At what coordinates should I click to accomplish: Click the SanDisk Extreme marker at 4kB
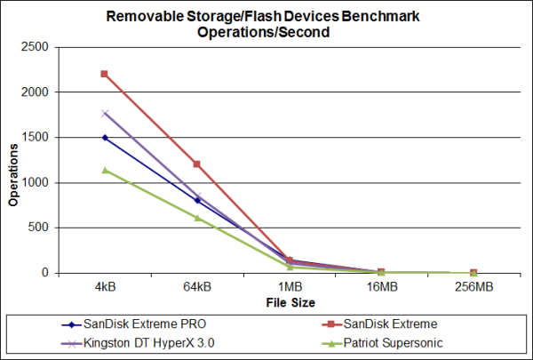pos(105,74)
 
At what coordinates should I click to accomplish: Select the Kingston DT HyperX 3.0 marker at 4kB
pos(105,113)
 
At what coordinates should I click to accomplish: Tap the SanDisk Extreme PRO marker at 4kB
pos(105,137)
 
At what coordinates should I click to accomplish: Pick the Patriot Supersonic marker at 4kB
pos(105,170)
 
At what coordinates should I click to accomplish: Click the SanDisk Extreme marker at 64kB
pos(197,164)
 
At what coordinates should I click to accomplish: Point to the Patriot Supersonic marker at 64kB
pos(197,218)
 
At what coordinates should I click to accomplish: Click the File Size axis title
pos(290,302)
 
